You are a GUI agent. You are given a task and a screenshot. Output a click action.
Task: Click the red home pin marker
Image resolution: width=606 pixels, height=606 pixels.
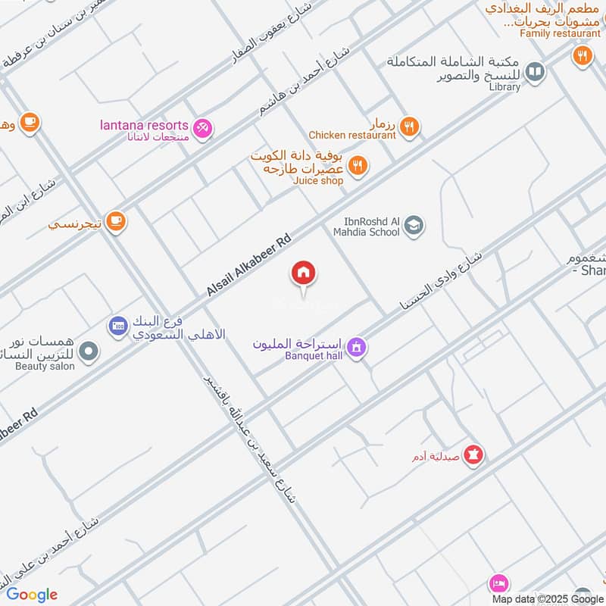coord(304,273)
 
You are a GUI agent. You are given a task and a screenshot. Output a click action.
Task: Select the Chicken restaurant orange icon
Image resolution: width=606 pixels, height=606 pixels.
coord(409,127)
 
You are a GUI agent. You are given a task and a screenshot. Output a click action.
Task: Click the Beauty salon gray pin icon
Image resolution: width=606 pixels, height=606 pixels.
coord(89,351)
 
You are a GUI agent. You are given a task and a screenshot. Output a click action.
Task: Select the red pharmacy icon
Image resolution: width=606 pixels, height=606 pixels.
coord(474,454)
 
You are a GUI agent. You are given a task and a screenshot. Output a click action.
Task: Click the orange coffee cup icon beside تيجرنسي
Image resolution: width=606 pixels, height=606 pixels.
coord(115,221)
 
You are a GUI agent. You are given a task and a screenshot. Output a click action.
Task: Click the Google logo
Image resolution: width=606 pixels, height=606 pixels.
coord(32,595)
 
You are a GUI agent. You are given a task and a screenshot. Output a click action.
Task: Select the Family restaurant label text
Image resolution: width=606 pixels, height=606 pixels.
coord(560,33)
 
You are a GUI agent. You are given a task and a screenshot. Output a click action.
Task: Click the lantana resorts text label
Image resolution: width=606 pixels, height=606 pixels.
coord(144,125)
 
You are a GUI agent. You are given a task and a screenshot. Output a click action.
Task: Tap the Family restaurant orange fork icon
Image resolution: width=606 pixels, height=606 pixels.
coord(582,55)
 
